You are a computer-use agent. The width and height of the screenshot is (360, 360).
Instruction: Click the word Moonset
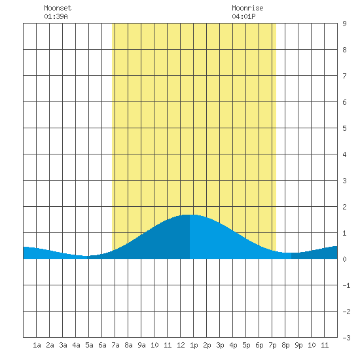[58, 8]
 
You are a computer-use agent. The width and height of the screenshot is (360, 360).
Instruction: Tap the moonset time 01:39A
[56, 16]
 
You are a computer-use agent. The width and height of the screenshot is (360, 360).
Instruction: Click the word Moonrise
[247, 8]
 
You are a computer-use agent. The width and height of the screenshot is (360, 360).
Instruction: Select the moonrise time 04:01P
[243, 16]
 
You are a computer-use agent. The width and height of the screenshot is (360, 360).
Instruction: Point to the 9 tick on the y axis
[344, 24]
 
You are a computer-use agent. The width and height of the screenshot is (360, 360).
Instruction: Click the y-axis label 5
[344, 128]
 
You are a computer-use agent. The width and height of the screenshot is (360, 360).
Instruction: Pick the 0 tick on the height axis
[344, 259]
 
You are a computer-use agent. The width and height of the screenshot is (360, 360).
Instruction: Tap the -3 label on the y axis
[346, 338]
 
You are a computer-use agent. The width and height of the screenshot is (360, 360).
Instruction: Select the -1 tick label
[346, 285]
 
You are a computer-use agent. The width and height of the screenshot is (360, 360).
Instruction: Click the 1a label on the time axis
[37, 345]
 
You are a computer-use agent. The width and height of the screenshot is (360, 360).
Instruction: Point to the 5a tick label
[89, 345]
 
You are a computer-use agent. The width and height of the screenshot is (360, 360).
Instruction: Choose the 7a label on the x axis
[115, 345]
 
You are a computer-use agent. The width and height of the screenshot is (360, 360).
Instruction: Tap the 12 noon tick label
[181, 345]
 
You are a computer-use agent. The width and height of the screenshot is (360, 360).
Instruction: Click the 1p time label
[194, 345]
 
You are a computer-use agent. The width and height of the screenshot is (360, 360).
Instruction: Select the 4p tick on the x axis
[233, 345]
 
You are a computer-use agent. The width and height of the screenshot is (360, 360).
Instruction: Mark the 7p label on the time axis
[272, 345]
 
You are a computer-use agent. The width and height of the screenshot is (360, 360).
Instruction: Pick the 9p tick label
[298, 345]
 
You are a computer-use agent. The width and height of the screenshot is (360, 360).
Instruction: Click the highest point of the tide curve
[190, 215]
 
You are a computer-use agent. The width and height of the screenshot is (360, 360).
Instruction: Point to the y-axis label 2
[344, 207]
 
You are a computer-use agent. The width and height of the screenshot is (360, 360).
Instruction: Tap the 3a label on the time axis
[63, 345]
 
